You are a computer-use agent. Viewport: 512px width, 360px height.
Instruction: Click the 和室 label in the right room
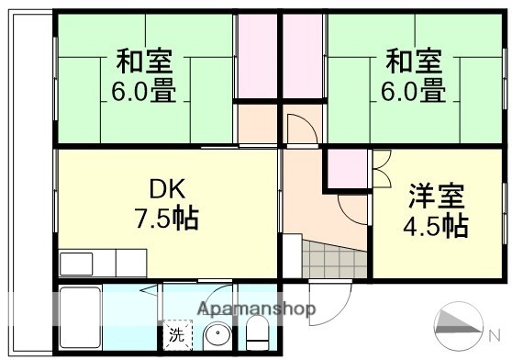click(x=413, y=63)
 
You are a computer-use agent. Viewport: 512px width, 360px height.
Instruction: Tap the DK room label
click(x=168, y=190)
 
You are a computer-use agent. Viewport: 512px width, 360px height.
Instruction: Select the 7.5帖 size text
click(x=168, y=220)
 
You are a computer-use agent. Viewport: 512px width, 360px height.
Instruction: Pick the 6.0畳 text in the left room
click(x=144, y=92)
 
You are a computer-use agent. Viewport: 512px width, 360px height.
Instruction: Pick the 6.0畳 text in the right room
click(x=413, y=92)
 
